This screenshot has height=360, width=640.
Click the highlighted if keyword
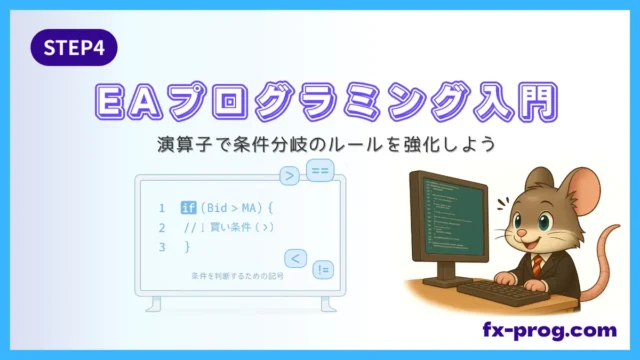pyautogui.click(x=188, y=208)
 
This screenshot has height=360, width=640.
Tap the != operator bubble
pyautogui.click(x=323, y=270)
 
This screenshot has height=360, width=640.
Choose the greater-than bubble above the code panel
pyautogui.click(x=289, y=177)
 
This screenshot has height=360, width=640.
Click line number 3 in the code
pyautogui.click(x=160, y=246)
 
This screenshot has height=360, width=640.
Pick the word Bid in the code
pyautogui.click(x=217, y=208)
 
